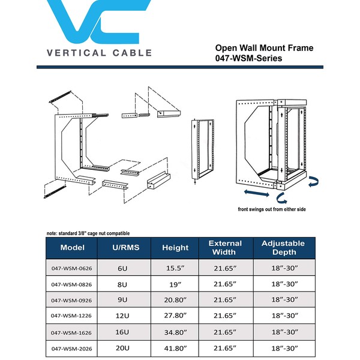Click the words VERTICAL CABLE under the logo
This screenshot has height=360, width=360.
point(99,53)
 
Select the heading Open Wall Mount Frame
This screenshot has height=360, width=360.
point(264,48)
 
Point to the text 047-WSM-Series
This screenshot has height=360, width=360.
point(248,59)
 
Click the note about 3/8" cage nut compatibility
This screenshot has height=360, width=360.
point(88,233)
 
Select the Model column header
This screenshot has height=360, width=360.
point(76,247)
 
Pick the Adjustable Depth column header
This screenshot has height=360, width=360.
point(287,247)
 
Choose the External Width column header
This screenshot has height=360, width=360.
point(225,247)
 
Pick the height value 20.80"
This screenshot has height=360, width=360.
point(175,299)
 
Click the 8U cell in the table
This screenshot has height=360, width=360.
point(122,283)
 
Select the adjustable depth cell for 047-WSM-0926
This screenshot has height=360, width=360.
point(287,299)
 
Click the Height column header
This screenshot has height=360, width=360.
point(175,247)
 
